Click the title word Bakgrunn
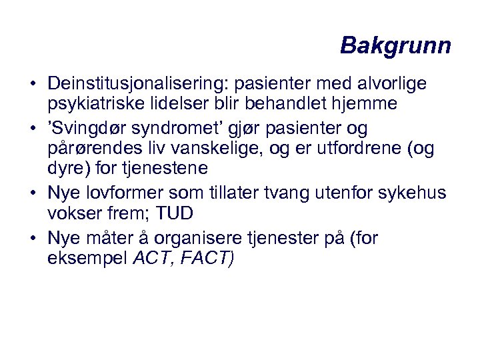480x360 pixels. tap(395, 46)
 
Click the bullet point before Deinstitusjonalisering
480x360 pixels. tap(32, 85)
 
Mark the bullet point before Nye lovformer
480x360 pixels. tap(32, 193)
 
